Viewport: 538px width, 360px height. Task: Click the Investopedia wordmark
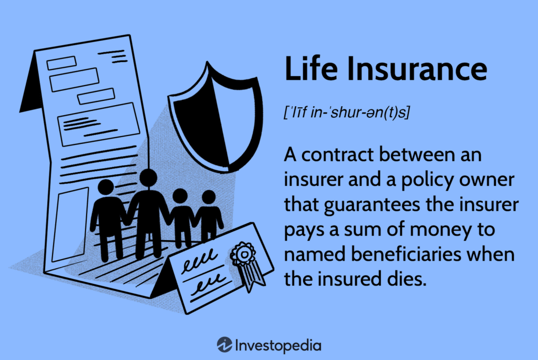tap(278, 345)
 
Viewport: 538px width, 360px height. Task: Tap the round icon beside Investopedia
tap(224, 345)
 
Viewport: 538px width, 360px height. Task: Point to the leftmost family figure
tap(108, 215)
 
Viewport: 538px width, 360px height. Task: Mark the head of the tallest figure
tap(148, 178)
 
